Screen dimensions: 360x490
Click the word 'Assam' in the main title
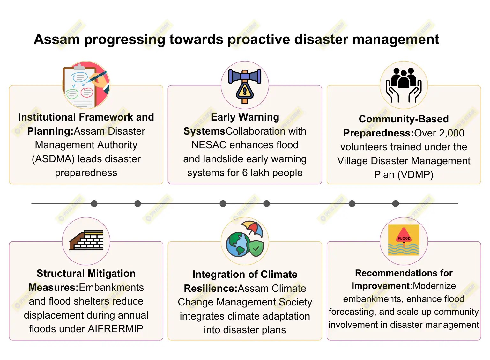(x=56, y=40)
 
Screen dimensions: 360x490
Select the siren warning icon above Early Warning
(x=245, y=85)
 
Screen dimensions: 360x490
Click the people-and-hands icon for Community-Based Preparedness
(x=404, y=85)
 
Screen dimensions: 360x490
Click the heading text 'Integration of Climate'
(x=245, y=274)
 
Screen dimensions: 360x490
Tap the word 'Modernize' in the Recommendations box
(x=434, y=286)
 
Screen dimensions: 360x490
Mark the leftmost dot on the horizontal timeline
(x=94, y=203)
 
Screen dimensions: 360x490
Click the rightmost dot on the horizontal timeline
(x=396, y=203)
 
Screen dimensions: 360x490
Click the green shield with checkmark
(x=256, y=248)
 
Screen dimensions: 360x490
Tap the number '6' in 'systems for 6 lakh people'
(x=245, y=173)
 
